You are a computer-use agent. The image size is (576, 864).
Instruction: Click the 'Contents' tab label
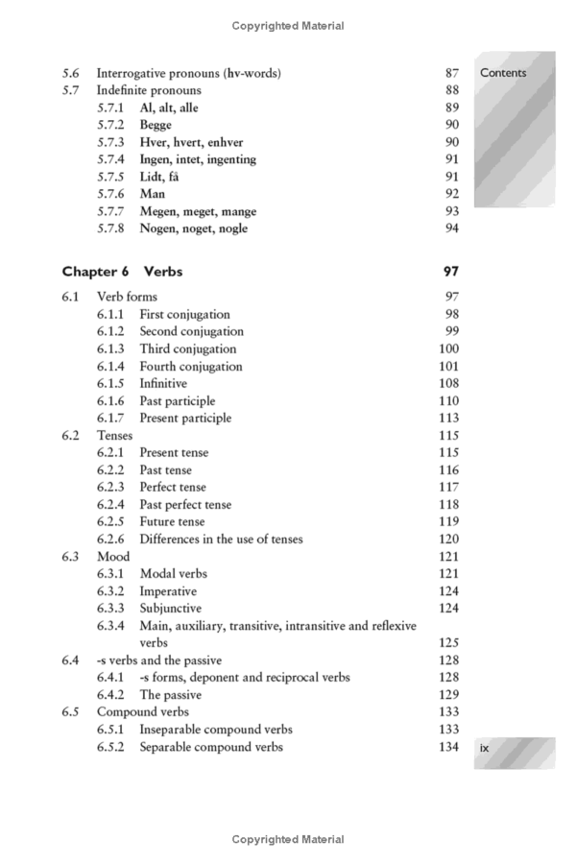point(503,73)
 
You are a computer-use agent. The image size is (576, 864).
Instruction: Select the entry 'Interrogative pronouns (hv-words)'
point(188,73)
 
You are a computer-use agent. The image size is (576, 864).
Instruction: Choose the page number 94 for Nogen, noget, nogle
point(451,228)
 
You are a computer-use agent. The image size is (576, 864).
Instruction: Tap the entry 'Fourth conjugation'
point(190,367)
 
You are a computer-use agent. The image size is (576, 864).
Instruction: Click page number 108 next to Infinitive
point(447,384)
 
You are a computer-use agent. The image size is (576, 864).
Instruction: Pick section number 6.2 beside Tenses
point(70,436)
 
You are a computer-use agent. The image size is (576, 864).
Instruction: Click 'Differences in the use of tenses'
point(221,540)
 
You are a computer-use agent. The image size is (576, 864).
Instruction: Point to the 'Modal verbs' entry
point(173,574)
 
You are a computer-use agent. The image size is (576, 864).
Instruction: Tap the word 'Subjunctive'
point(170,609)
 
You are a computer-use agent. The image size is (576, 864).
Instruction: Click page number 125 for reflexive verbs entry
point(447,643)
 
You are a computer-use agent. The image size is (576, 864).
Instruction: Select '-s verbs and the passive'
point(158,660)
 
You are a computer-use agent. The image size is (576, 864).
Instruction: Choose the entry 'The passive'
point(173,695)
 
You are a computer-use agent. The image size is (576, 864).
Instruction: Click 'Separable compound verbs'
point(211,747)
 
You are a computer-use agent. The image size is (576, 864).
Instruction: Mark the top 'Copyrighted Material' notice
point(288,26)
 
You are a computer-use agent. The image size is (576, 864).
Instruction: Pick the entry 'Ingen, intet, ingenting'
point(198,159)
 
